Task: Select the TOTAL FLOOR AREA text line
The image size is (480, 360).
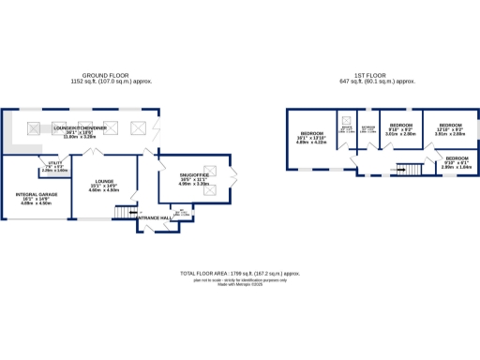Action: coord(240,272)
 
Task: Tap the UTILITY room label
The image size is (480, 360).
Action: coord(53,167)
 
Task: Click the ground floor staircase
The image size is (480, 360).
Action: coord(125,213)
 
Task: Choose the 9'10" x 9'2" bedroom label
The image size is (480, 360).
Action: coord(401,129)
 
